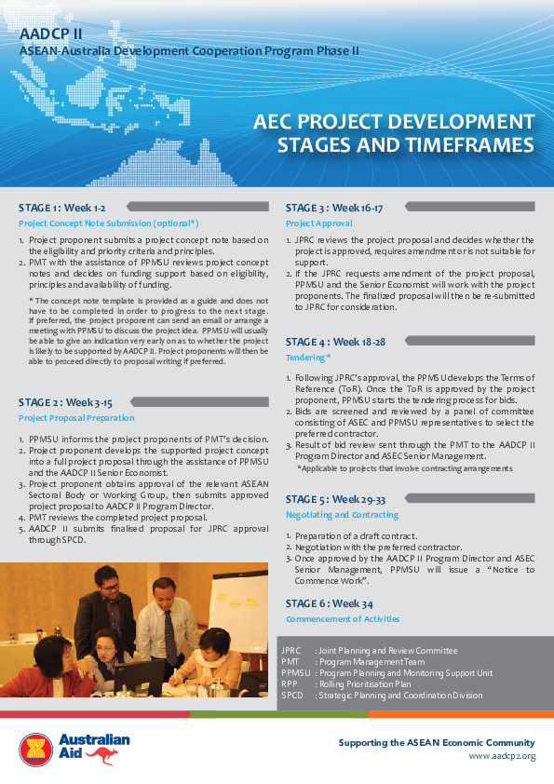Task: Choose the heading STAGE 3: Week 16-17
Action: pyautogui.click(x=333, y=208)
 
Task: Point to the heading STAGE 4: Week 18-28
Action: pyautogui.click(x=334, y=342)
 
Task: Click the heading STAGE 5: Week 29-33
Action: pyautogui.click(x=335, y=499)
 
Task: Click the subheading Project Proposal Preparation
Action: pyautogui.click(x=76, y=418)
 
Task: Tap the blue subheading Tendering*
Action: pyautogui.click(x=308, y=357)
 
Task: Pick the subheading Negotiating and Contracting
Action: pyautogui.click(x=342, y=515)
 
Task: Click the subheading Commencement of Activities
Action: pyautogui.click(x=343, y=618)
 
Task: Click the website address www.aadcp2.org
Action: pyautogui.click(x=502, y=755)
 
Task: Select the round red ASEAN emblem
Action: pyautogui.click(x=36, y=750)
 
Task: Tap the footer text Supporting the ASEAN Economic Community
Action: pyautogui.click(x=436, y=742)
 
